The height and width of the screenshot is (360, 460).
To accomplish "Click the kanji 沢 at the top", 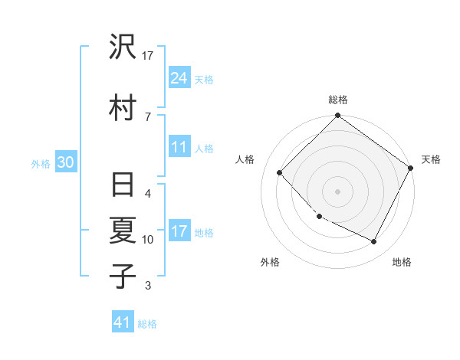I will coord(123,47).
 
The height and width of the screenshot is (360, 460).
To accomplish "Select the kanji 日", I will coord(123,186).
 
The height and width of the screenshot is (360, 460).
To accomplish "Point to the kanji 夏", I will coord(123,231).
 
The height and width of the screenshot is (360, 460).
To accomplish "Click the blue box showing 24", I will coord(179,77).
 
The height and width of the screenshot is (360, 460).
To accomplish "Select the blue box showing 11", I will coord(179,147).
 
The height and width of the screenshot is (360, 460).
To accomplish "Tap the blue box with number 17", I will coord(179,231).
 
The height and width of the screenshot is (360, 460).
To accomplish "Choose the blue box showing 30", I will coord(65,162).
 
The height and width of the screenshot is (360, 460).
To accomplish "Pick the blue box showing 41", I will coord(123,322).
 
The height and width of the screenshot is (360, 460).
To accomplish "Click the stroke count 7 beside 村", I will coord(147,116).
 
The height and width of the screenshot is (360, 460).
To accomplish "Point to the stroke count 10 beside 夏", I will coord(148,240).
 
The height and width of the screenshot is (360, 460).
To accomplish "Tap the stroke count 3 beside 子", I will coord(147,286).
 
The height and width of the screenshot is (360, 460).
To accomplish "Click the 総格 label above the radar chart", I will coord(338,100).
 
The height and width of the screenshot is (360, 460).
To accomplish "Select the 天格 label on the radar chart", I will coord(431,159).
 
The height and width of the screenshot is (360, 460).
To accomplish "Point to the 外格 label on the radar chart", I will coord(270,262).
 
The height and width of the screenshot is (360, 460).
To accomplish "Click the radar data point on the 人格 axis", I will coord(280,172).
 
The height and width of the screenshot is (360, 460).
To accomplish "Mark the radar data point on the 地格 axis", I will coord(374,242).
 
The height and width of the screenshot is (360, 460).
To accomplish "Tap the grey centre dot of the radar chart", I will coord(337,191).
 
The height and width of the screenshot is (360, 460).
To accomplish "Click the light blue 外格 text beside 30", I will coord(41,163).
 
